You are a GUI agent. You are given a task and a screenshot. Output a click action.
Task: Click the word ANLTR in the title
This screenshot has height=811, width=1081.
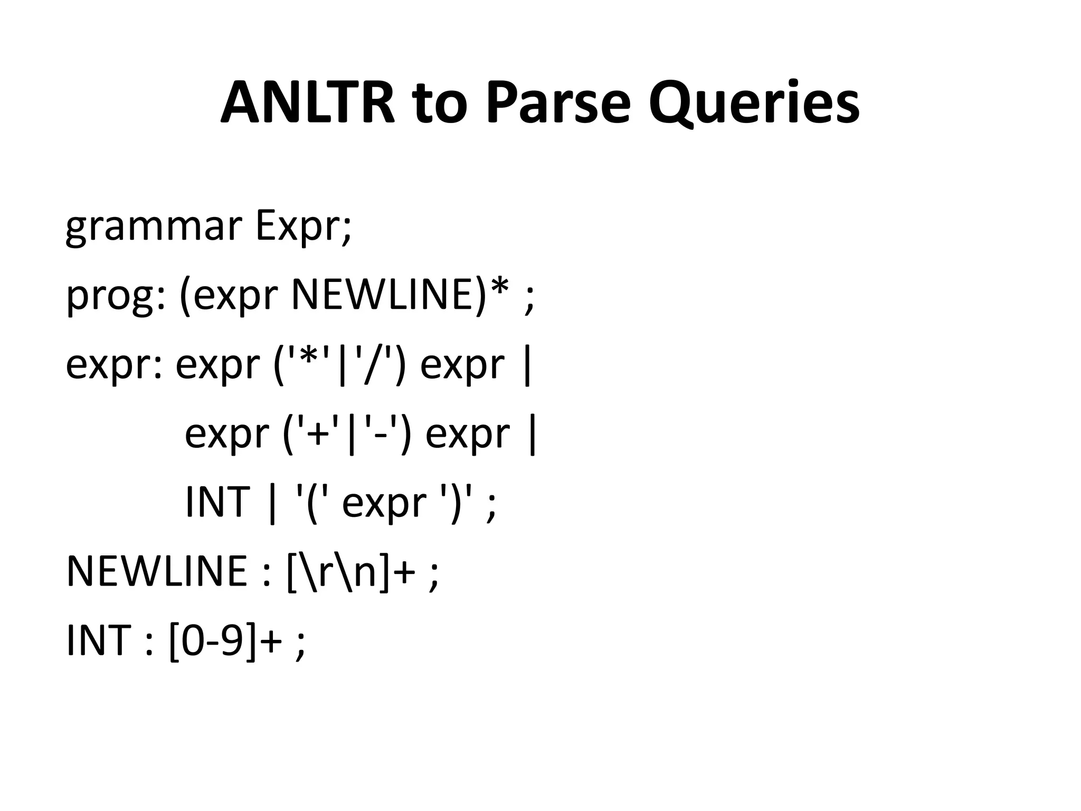pos(308,103)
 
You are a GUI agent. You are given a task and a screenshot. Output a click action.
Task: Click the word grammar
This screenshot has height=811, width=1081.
pos(154,227)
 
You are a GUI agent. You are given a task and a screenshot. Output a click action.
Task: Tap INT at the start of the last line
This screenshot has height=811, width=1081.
pos(98,640)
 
